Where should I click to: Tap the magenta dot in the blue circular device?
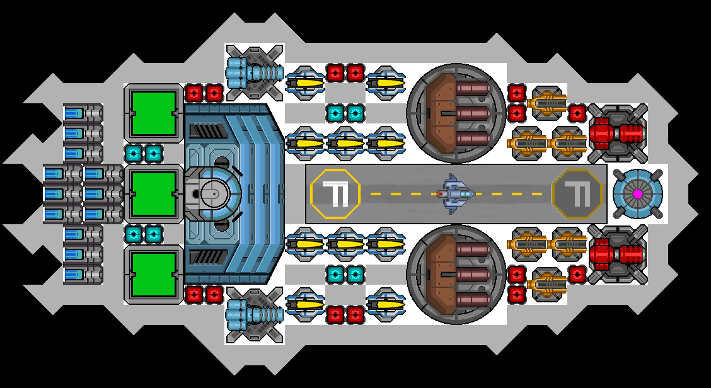pos(638,194)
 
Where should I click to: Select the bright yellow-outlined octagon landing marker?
pos(335,194)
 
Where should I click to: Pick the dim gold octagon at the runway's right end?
pos(577,194)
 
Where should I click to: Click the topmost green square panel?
pos(153,113)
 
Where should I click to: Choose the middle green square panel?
pos(153,194)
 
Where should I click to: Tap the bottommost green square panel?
pos(153,275)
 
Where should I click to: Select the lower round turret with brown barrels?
pos(456,275)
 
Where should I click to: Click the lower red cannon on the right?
pos(618,254)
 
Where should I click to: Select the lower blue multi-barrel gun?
pos(254,315)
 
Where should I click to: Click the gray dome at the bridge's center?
pos(213,194)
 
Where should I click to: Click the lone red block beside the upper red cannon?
pos(577,113)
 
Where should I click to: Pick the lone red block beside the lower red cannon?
pos(577,275)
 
